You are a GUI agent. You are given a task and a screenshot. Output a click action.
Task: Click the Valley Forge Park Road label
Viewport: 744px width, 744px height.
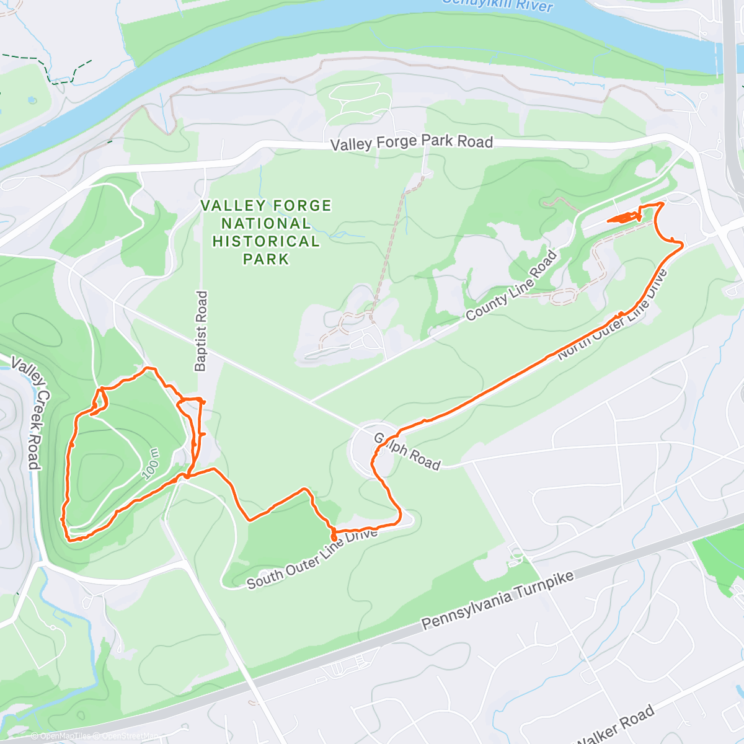point(412,143)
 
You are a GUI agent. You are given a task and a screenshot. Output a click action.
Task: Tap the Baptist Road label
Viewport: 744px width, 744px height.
point(201,331)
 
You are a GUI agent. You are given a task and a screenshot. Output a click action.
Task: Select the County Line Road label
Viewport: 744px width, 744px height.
point(511,286)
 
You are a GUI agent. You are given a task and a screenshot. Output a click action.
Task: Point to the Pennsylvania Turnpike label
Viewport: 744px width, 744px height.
point(498,600)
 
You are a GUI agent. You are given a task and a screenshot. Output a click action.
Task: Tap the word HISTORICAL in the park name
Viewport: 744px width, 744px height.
point(266,241)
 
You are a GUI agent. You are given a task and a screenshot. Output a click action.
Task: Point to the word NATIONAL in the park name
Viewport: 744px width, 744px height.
point(266,223)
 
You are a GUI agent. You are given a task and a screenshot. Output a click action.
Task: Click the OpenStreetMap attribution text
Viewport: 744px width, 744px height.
point(130,736)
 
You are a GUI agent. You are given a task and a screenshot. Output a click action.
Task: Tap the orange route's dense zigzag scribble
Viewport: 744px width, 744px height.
point(624,217)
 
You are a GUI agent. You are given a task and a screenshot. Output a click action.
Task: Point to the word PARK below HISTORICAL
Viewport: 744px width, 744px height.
point(266,259)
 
